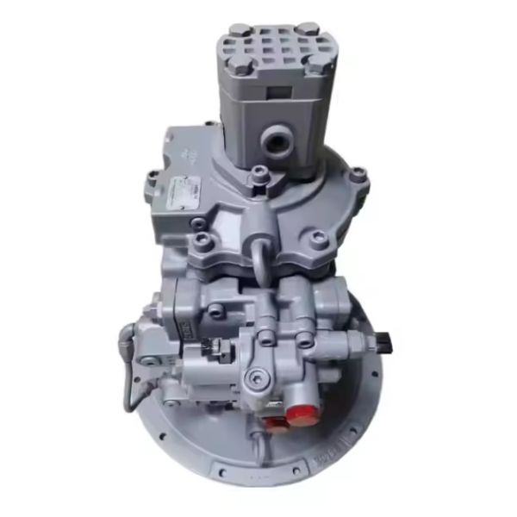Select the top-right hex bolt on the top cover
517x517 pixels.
click(x=308, y=28)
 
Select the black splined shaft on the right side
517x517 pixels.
click(x=383, y=346)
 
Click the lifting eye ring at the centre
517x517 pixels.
click(x=260, y=256)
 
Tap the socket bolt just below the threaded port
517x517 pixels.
click(x=256, y=179)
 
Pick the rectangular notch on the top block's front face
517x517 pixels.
click(x=277, y=92)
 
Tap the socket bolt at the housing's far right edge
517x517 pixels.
click(x=358, y=176)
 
